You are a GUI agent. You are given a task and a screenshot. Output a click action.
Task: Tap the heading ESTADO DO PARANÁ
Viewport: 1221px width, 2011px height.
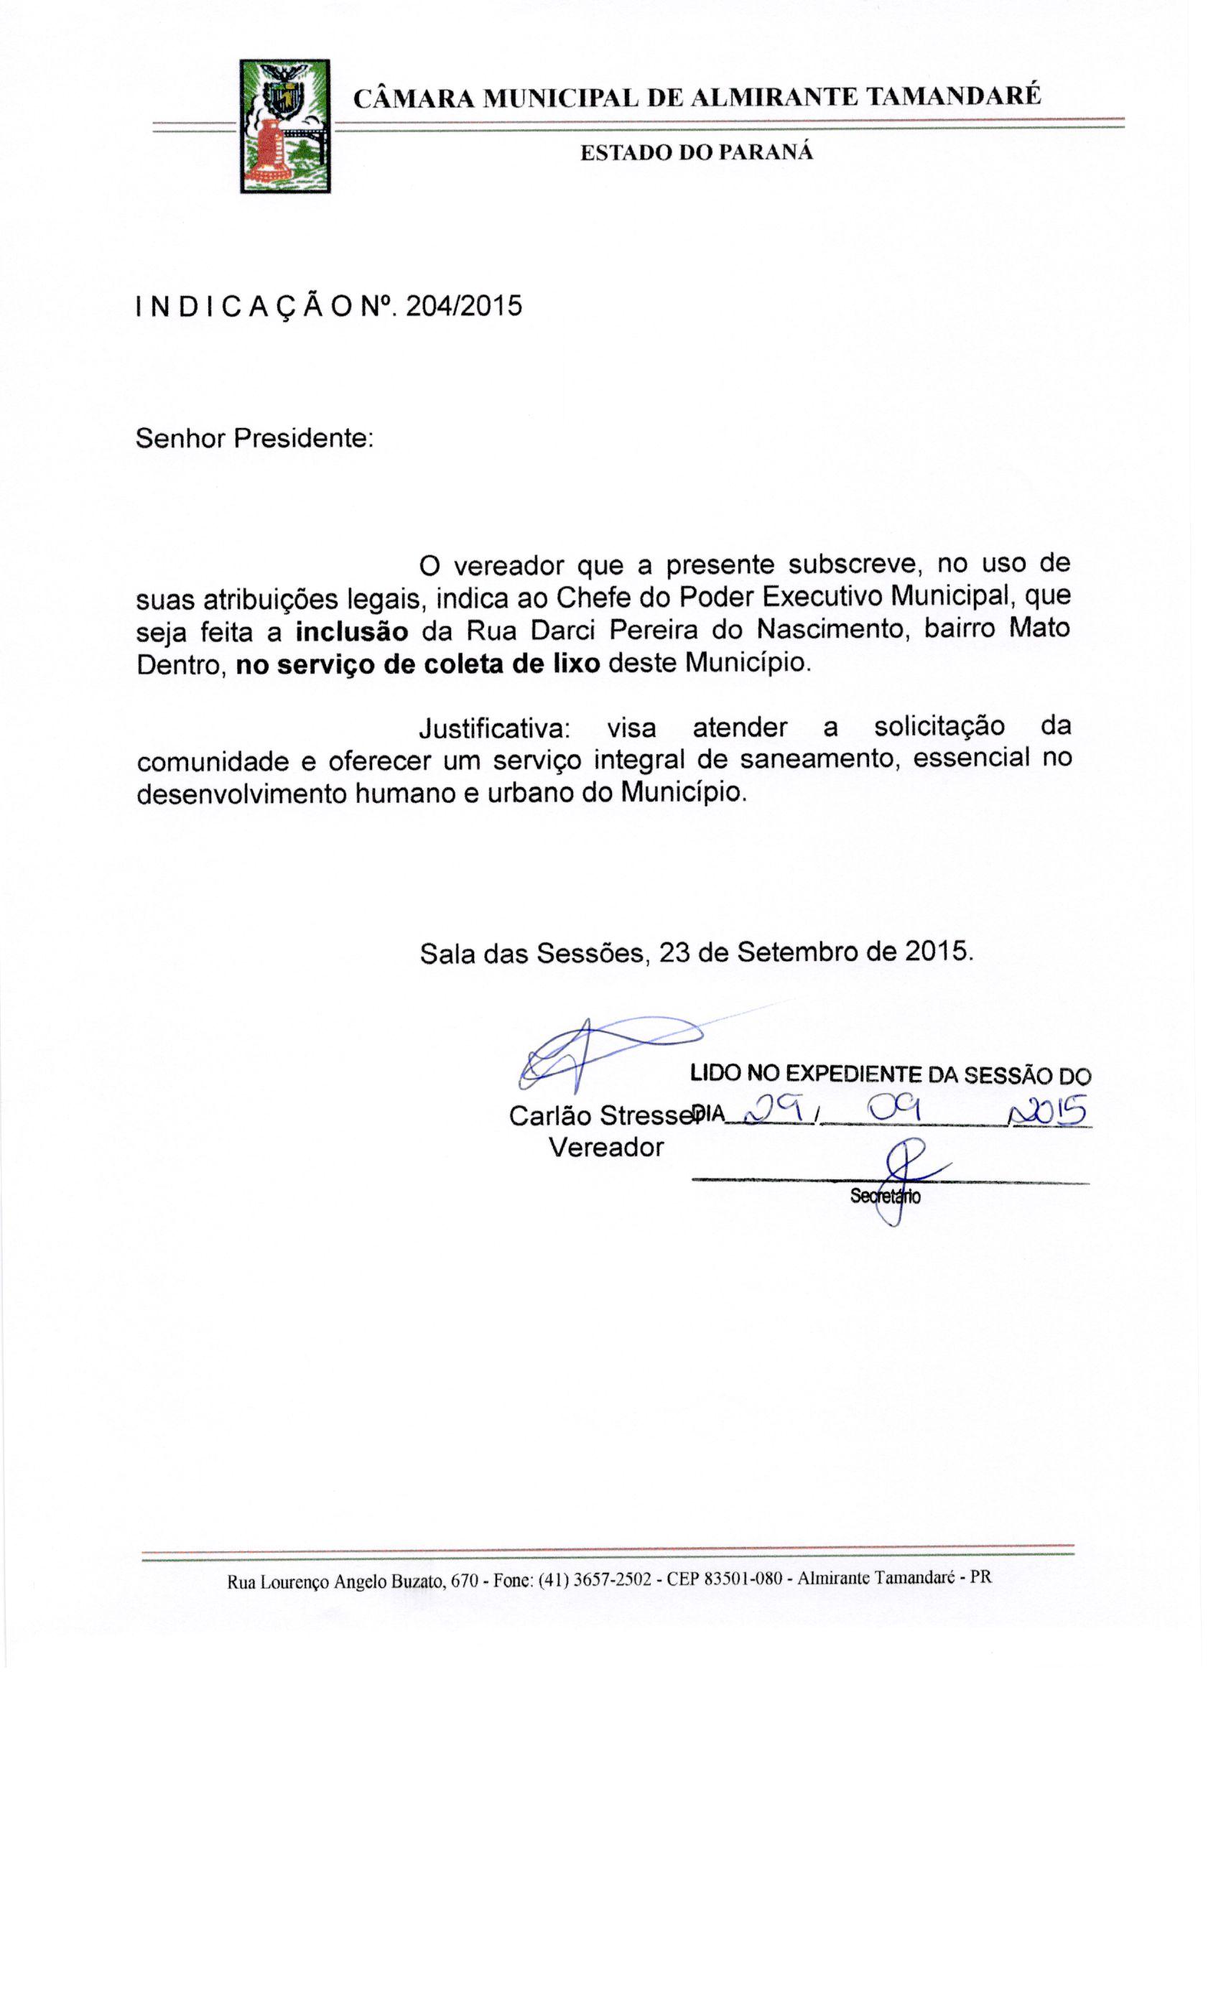click(696, 152)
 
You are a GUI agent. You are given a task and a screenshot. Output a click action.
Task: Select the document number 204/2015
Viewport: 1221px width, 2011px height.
click(463, 306)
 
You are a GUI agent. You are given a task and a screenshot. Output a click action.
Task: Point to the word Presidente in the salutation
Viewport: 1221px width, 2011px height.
click(303, 438)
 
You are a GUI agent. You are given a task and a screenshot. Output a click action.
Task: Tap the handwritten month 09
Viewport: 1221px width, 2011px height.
click(894, 1107)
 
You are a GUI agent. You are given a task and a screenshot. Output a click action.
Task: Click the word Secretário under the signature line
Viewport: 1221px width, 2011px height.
click(885, 1197)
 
